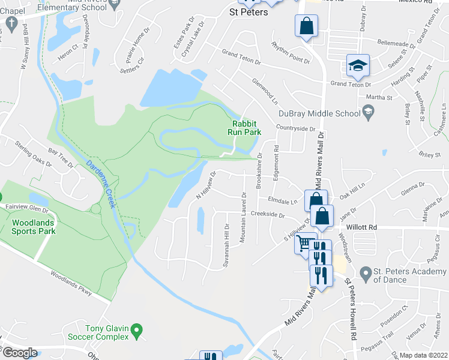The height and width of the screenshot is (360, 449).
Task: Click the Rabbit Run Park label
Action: point(246,128)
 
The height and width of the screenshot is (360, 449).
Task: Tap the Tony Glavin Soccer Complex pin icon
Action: point(137,329)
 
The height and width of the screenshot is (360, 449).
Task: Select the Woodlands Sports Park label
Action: point(34,226)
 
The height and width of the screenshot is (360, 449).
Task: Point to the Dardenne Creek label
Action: point(100,184)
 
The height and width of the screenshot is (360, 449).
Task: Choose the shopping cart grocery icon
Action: point(304,243)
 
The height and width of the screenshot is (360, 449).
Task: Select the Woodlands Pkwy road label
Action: point(71,285)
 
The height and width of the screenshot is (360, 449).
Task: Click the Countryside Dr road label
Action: point(295,128)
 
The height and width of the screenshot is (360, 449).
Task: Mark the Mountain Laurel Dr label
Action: point(244,217)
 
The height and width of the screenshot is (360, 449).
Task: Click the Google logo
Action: point(19,353)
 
